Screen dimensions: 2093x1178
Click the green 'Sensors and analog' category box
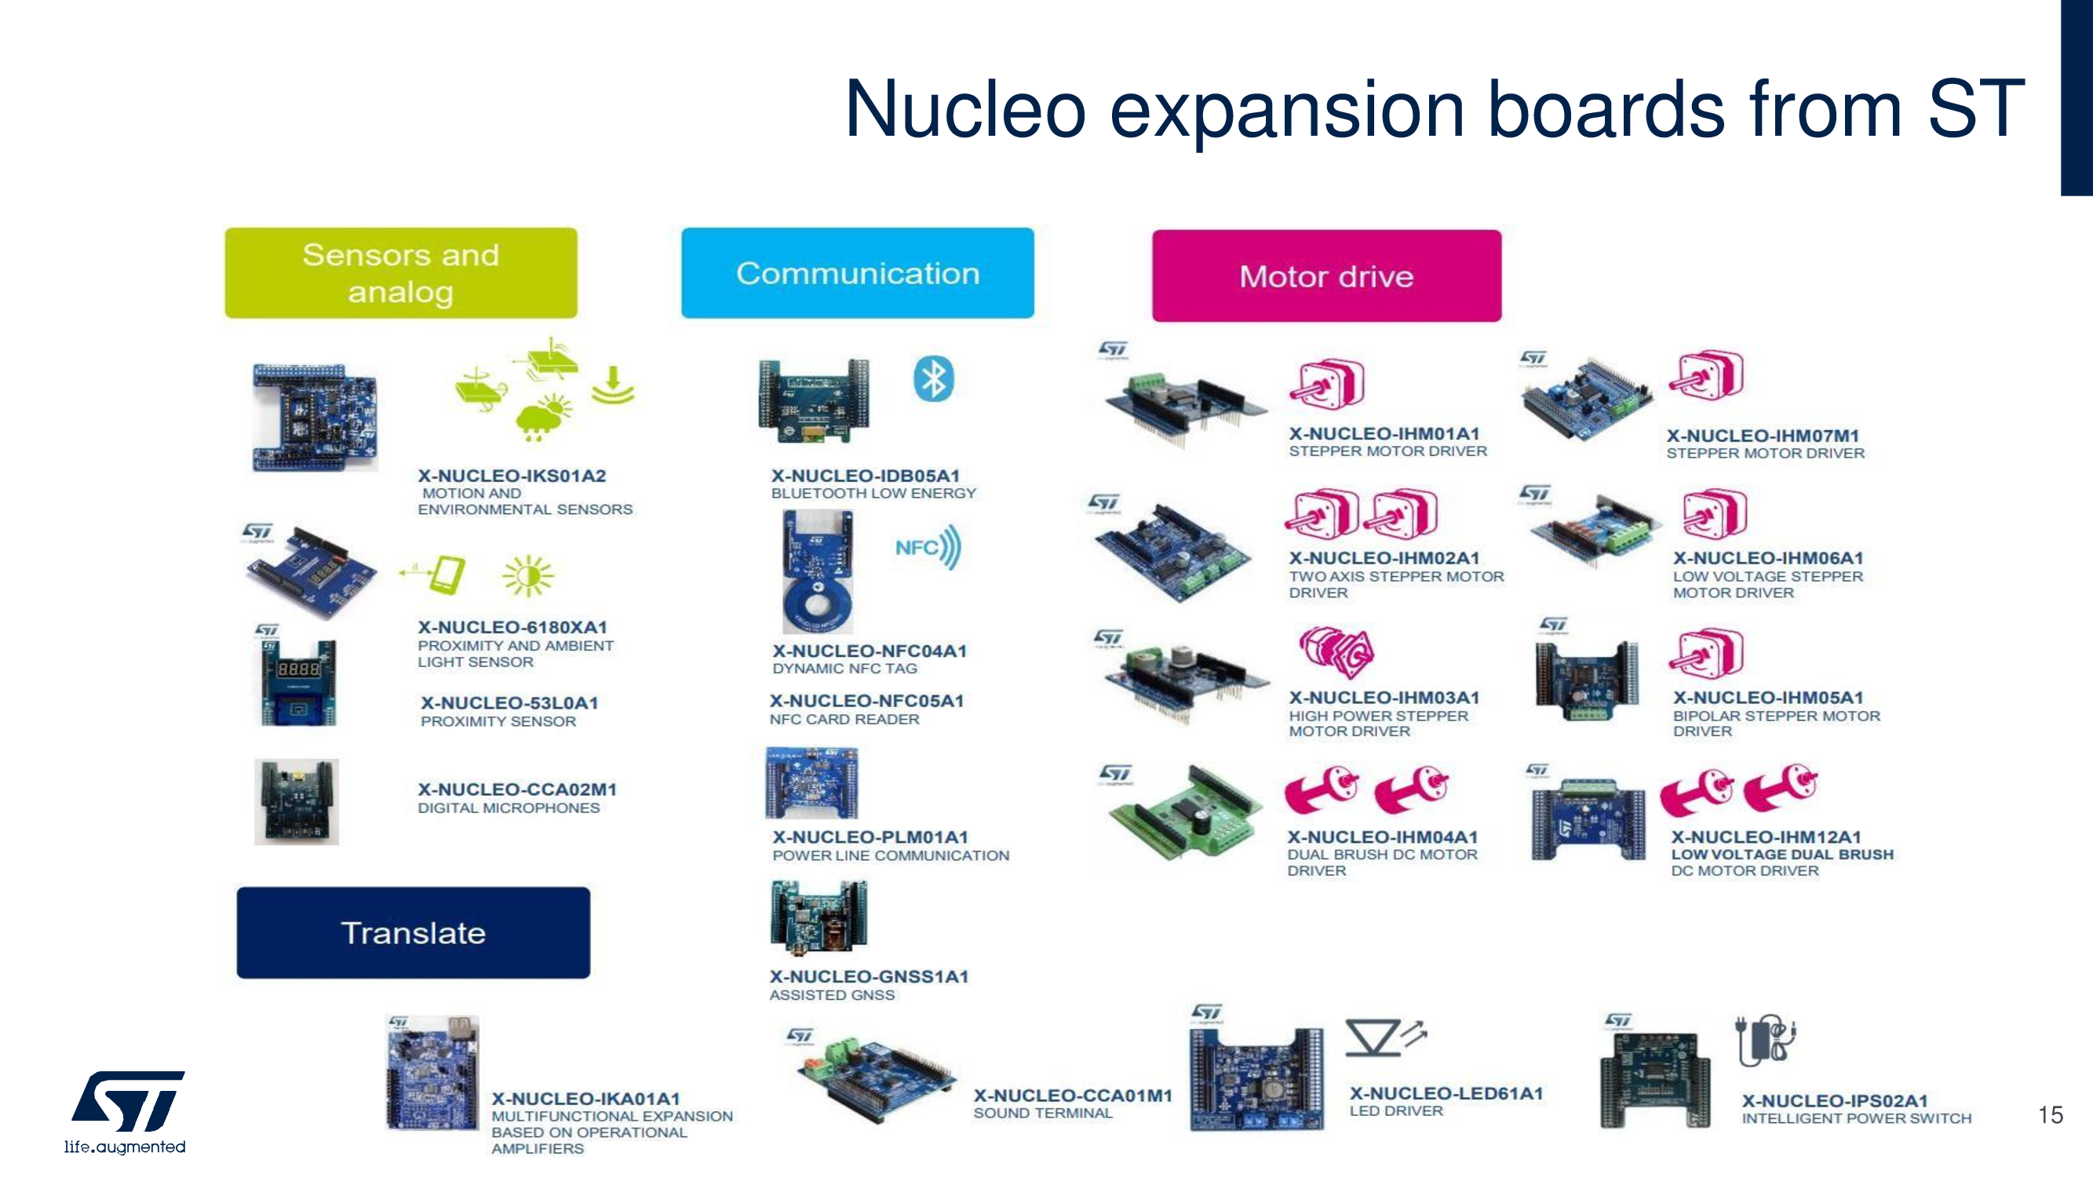pyautogui.click(x=400, y=273)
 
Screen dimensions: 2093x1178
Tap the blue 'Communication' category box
pyautogui.click(x=857, y=273)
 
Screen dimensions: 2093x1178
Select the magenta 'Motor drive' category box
pyautogui.click(x=1326, y=276)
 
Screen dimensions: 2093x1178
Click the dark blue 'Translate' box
pyautogui.click(x=413, y=932)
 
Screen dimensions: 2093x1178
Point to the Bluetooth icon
pyautogui.click(x=933, y=378)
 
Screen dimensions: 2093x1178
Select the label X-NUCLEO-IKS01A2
pyautogui.click(x=512, y=476)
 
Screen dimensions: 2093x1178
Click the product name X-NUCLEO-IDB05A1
pyautogui.click(x=866, y=476)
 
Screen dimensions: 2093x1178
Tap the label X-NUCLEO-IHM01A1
pyautogui.click(x=1384, y=434)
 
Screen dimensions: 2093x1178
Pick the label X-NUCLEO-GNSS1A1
pyautogui.click(x=869, y=976)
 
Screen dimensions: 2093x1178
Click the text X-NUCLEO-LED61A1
pyautogui.click(x=1446, y=1093)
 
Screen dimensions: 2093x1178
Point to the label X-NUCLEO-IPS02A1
pyautogui.click(x=1834, y=1101)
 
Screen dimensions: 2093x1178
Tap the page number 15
pyautogui.click(x=2050, y=1114)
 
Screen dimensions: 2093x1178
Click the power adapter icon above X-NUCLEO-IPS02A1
pyautogui.click(x=1766, y=1040)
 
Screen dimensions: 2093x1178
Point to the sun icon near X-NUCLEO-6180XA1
pyautogui.click(x=528, y=576)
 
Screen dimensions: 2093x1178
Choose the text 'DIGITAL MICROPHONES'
pyautogui.click(x=509, y=808)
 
